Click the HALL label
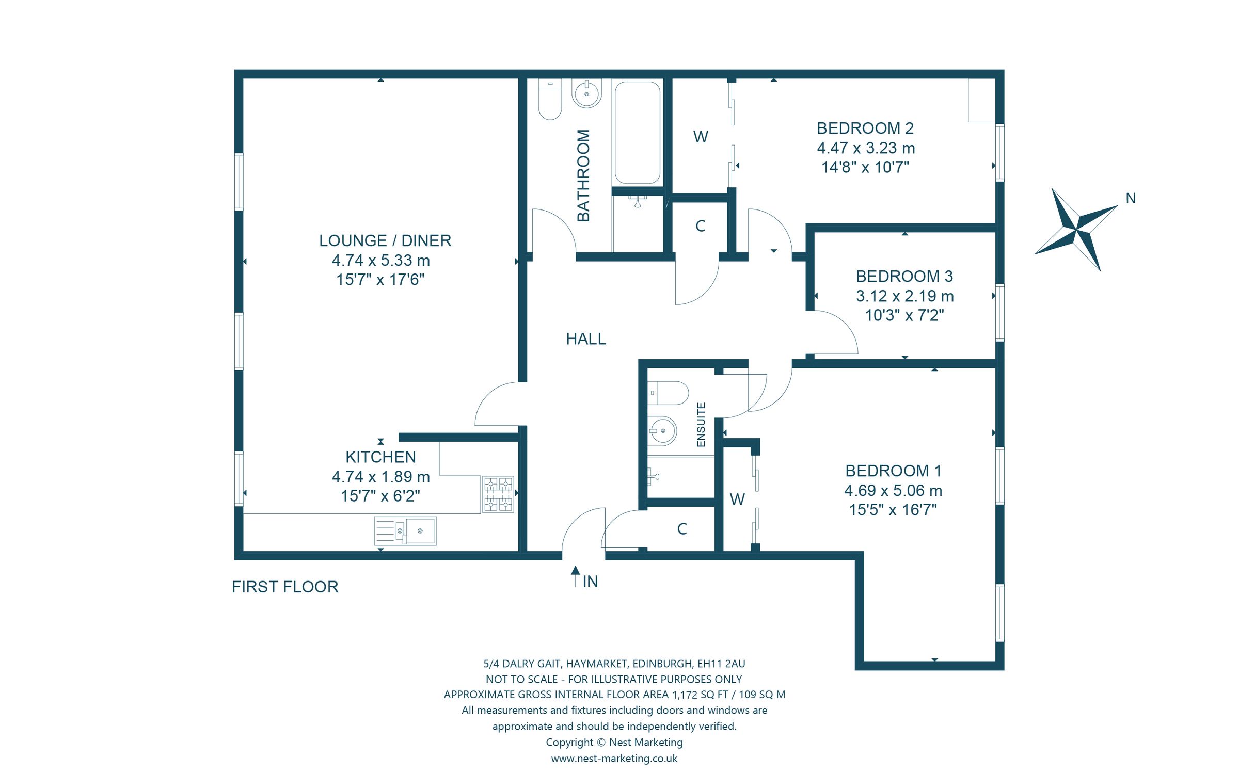click(586, 339)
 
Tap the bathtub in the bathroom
click(637, 133)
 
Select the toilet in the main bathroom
click(550, 99)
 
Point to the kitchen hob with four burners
click(498, 494)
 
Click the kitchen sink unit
click(405, 531)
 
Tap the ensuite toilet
click(668, 393)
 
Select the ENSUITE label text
click(701, 424)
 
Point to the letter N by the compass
click(1130, 198)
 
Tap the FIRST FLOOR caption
click(285, 587)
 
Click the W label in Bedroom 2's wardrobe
click(701, 137)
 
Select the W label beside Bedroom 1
click(737, 499)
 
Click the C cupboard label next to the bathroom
click(700, 226)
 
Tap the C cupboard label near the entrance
click(682, 529)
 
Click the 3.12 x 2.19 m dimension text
click(904, 296)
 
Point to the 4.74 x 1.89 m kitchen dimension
click(380, 476)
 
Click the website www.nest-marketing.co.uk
click(614, 758)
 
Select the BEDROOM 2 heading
click(865, 128)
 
